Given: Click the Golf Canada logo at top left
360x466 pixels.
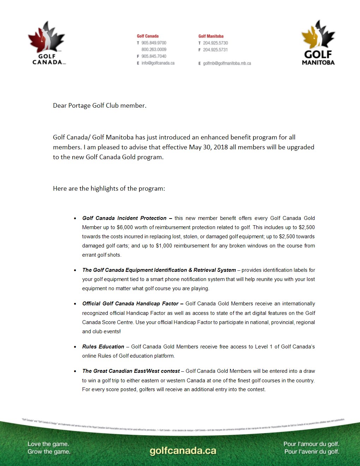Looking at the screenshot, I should [x=47, y=43].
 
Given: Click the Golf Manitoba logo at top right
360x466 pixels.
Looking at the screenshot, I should [x=318, y=43].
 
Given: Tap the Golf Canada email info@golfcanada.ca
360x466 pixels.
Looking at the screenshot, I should [x=158, y=63].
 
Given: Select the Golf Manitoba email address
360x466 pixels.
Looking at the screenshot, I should [x=227, y=64].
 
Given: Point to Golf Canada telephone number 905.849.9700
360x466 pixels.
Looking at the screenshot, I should [x=154, y=43].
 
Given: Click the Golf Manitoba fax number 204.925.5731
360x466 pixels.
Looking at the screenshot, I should [x=215, y=50].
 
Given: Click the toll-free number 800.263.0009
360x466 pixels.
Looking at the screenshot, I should [x=154, y=49].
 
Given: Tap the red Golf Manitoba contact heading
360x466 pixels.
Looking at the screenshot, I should [x=211, y=36].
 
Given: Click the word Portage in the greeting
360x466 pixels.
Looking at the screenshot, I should [x=79, y=106].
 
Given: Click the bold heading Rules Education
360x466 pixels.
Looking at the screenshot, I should [x=103, y=347].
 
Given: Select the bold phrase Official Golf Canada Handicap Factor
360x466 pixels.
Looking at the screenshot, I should [x=130, y=304].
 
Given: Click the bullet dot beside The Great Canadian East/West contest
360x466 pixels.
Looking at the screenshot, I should [x=75, y=371].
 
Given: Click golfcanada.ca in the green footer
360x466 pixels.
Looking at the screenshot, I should [x=183, y=451].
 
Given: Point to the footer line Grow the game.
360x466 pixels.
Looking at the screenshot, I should [x=49, y=452].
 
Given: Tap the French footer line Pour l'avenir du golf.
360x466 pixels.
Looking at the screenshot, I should [x=312, y=452].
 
